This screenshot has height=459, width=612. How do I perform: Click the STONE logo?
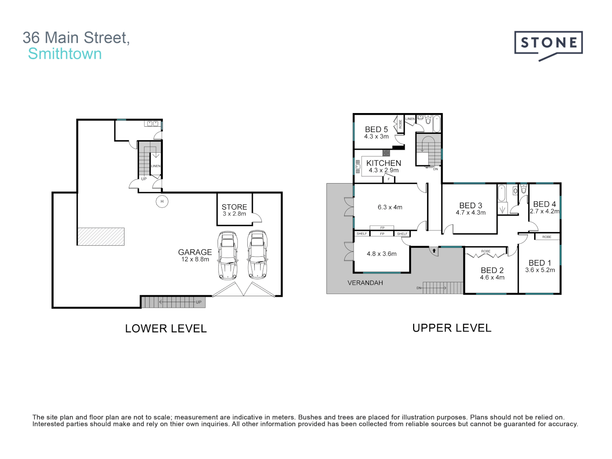click(x=548, y=44)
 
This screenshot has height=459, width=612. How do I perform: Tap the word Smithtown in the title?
click(x=65, y=54)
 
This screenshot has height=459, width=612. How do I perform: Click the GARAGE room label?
click(x=195, y=252)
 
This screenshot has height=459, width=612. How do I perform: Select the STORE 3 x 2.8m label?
click(x=234, y=210)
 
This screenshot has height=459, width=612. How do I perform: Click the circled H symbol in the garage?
click(x=162, y=201)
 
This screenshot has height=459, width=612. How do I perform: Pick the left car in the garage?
click(x=228, y=255)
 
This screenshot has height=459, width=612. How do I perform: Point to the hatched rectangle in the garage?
click(x=101, y=237)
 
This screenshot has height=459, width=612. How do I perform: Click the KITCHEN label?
click(x=383, y=163)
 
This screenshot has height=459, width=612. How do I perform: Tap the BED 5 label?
click(x=376, y=129)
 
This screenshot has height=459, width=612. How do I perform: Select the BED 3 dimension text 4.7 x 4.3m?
click(x=470, y=212)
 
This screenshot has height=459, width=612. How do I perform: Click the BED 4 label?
click(x=544, y=204)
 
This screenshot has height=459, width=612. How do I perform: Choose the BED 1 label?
click(x=540, y=263)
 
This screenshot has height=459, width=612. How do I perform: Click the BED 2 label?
click(x=492, y=270)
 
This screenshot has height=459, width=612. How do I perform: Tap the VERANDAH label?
click(x=365, y=283)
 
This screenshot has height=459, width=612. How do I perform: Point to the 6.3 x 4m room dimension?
click(x=390, y=207)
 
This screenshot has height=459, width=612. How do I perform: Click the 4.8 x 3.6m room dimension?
click(x=382, y=254)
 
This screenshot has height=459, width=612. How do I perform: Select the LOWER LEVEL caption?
click(x=166, y=329)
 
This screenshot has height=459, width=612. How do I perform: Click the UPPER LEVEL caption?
click(x=452, y=328)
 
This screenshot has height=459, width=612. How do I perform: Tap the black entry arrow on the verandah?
click(x=434, y=251)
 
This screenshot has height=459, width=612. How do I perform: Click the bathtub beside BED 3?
click(x=501, y=193)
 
